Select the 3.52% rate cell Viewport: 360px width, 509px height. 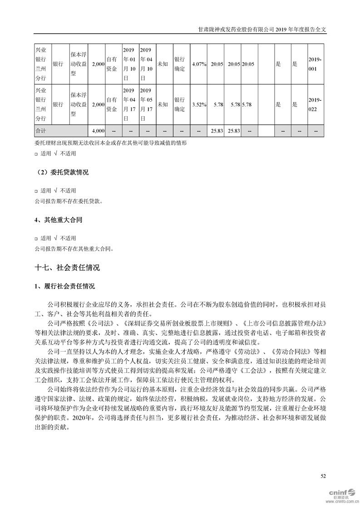[199, 104]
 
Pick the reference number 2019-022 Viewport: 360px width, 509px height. [315, 104]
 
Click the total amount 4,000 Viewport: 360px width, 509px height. [98, 131]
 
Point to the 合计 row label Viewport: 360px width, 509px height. [41, 131]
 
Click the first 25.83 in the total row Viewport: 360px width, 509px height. [217, 131]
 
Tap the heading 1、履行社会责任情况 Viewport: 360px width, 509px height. [64, 286]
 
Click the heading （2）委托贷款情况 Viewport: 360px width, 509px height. [62, 173]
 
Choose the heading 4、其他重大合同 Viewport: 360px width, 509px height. [59, 220]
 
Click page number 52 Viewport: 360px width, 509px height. [323, 476]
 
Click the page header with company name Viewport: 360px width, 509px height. [263, 28]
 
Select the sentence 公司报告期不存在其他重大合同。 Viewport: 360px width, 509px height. [73, 249]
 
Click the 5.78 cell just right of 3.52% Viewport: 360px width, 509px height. [217, 104]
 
